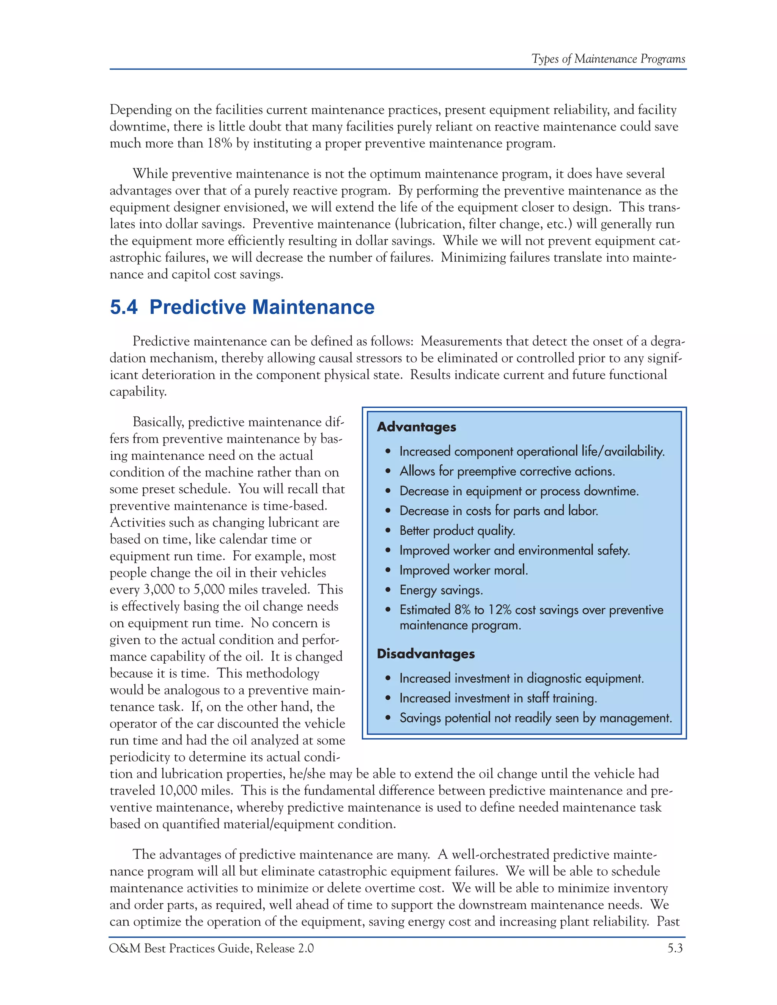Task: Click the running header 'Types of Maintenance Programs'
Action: (x=608, y=59)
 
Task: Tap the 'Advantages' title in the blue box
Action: (x=416, y=427)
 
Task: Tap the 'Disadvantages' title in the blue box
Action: (x=425, y=654)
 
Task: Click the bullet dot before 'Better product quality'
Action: (x=388, y=531)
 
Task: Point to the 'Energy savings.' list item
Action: (x=440, y=590)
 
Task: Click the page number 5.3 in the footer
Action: (x=675, y=948)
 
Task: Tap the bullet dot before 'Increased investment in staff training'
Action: (x=388, y=699)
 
